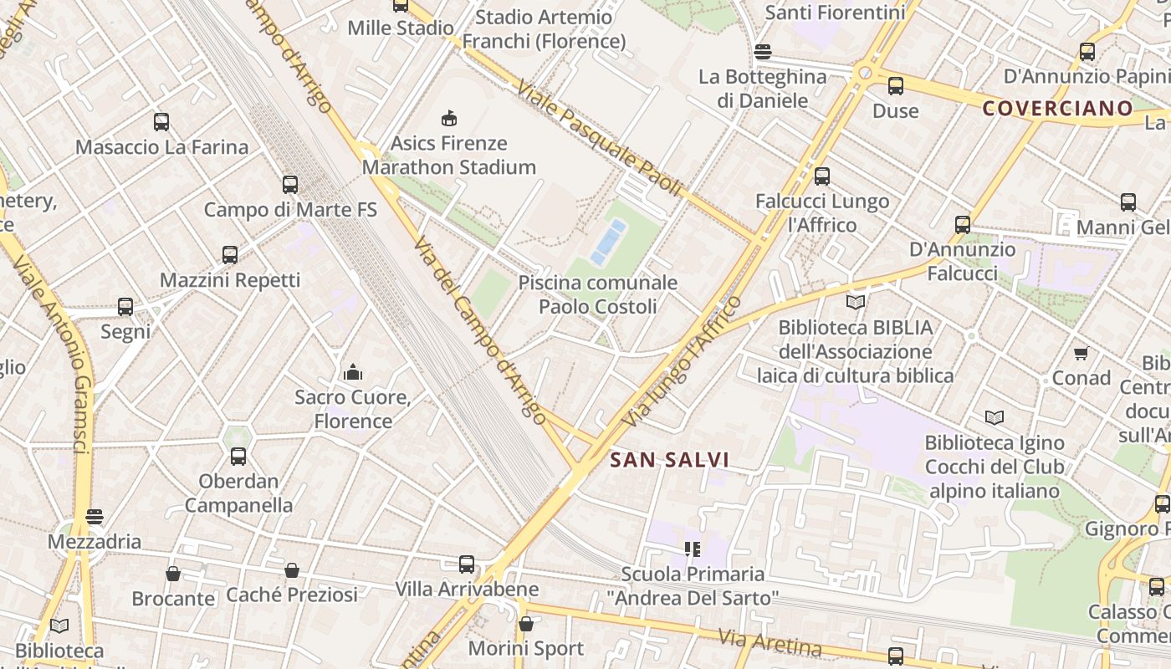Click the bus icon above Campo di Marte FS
pyautogui.click(x=290, y=185)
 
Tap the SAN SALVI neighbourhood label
pyautogui.click(x=669, y=460)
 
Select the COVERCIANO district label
pyautogui.click(x=1057, y=108)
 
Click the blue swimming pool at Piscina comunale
pyautogui.click(x=608, y=242)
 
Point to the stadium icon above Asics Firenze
pyautogui.click(x=449, y=118)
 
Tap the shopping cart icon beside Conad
pyautogui.click(x=1081, y=354)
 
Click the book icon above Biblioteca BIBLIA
pyautogui.click(x=856, y=303)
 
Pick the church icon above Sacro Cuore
pyautogui.click(x=353, y=372)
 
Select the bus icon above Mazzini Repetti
pyautogui.click(x=230, y=255)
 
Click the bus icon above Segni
pyautogui.click(x=125, y=307)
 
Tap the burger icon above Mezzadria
pyautogui.click(x=95, y=517)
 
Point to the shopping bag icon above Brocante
pyautogui.click(x=173, y=574)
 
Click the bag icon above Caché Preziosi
pyautogui.click(x=292, y=570)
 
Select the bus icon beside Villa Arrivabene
pyautogui.click(x=467, y=564)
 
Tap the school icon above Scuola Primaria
pyautogui.click(x=692, y=549)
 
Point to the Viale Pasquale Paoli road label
pyautogui.click(x=600, y=138)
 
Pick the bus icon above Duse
pyautogui.click(x=896, y=86)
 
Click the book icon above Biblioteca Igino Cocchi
pyautogui.click(x=994, y=417)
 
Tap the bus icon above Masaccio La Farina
pyautogui.click(x=161, y=122)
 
